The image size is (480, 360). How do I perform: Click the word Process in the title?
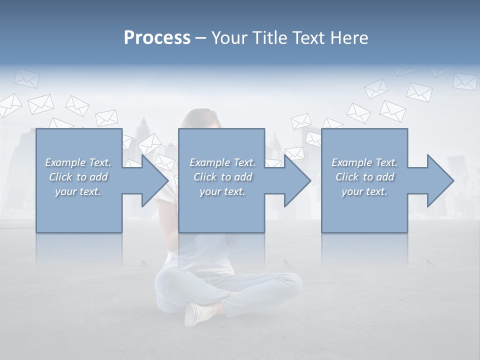tap(157, 38)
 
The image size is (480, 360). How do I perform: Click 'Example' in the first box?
tap(65, 162)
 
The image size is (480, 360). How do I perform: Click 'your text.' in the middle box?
tap(222, 191)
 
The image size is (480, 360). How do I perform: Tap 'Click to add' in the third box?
tap(364, 177)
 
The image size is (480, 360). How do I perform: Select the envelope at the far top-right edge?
tap(464, 81)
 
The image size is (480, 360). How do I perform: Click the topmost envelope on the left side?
tap(26, 78)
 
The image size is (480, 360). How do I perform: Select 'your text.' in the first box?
tap(77, 191)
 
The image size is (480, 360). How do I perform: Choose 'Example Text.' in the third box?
tap(364, 162)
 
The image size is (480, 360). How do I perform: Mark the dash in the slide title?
tap(201, 38)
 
